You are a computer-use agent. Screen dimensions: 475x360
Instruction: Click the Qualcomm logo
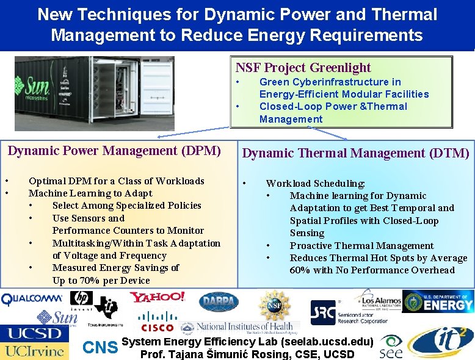click(32, 299)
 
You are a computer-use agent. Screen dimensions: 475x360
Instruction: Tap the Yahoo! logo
click(156, 298)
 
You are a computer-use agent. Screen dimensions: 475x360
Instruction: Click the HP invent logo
click(81, 300)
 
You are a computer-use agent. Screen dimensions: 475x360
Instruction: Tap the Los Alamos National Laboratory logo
click(379, 301)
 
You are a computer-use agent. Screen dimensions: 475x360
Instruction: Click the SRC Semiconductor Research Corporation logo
click(342, 312)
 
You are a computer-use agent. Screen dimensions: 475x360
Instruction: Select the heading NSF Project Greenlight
click(303, 68)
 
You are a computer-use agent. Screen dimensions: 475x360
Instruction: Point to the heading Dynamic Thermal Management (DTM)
click(356, 153)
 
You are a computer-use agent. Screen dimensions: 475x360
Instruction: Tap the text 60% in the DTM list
click(300, 270)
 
